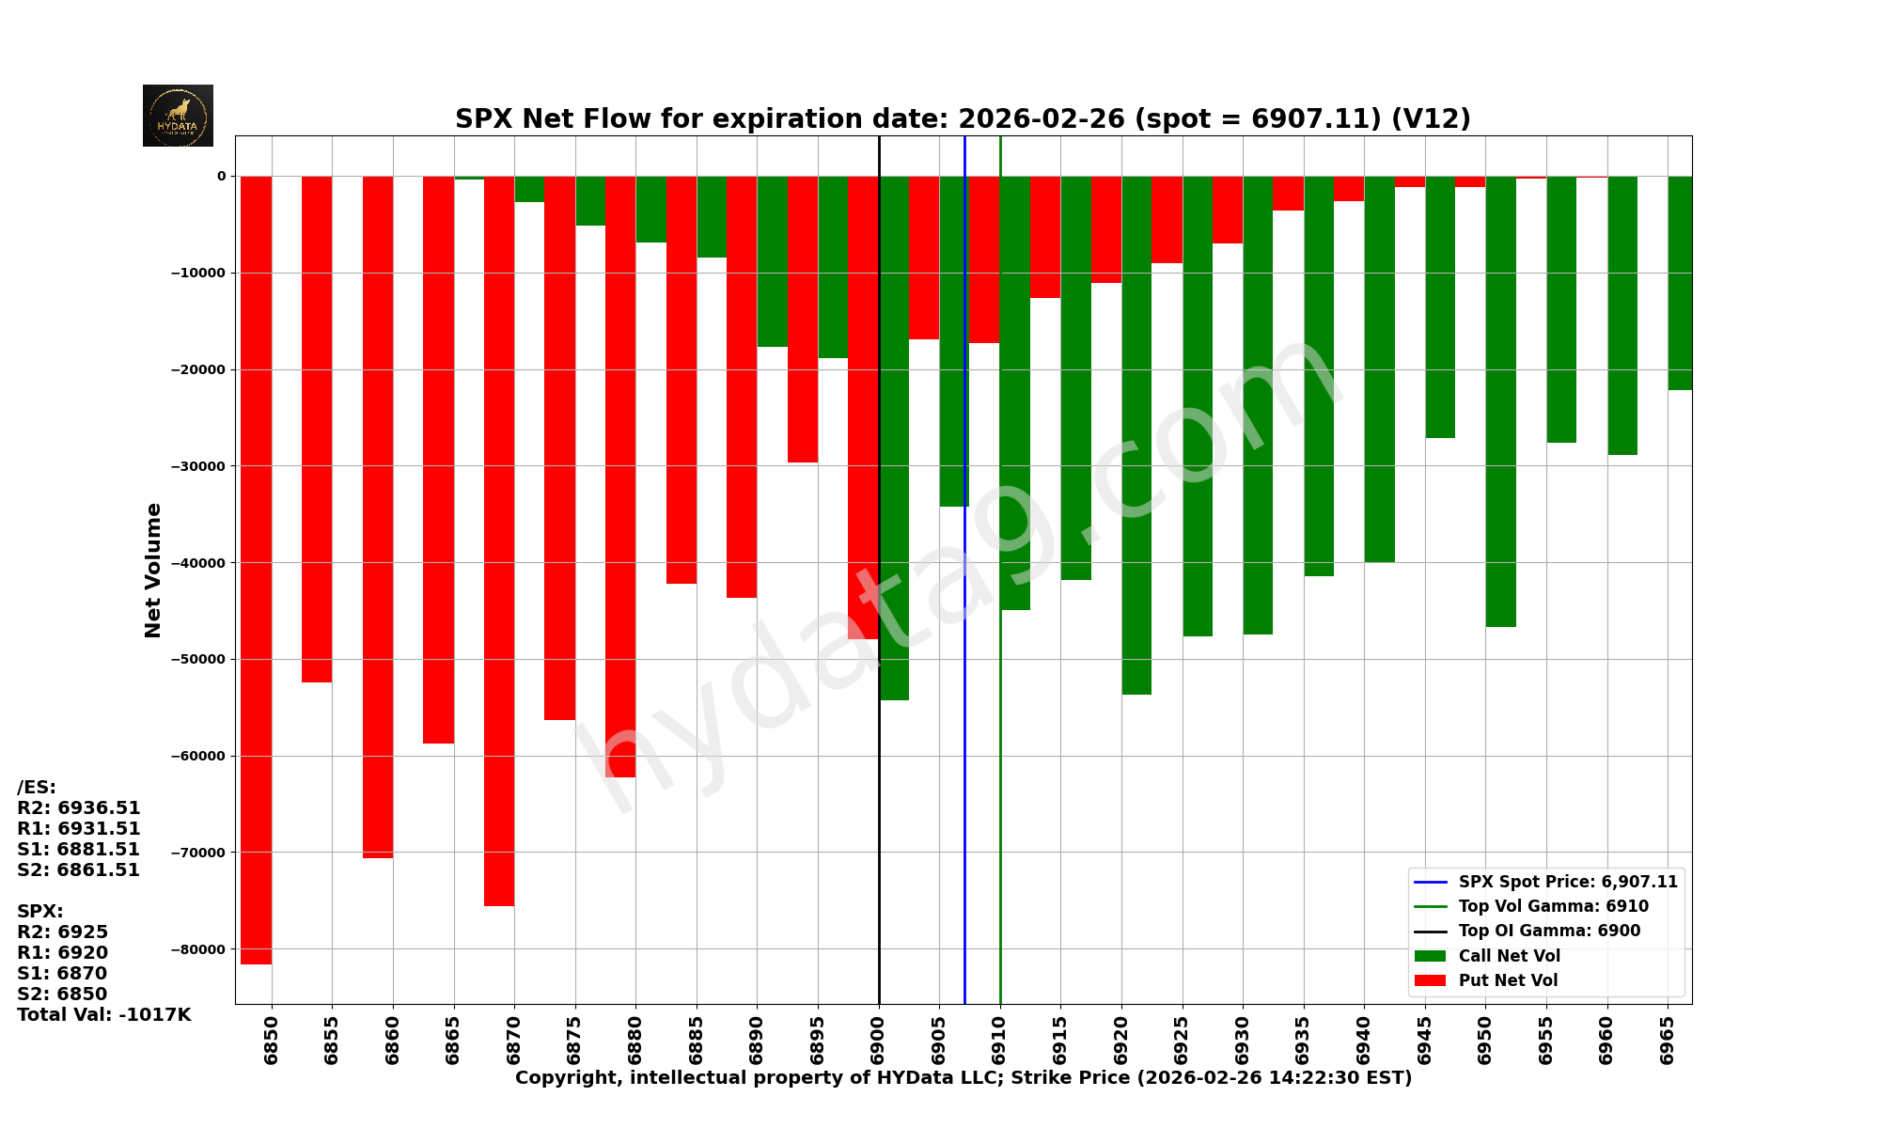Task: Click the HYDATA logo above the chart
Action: pos(178,116)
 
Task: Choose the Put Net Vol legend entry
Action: pos(1508,980)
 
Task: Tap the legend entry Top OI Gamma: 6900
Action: pos(1549,931)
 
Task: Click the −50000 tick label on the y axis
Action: pos(197,659)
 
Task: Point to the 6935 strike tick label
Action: pos(1303,1040)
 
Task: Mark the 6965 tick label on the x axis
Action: pos(1668,1040)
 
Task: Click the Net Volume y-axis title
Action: pos(153,570)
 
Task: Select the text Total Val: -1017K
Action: pos(103,1014)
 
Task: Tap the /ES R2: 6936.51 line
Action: pos(79,807)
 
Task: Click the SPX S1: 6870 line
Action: pos(62,973)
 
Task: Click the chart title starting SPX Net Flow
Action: pos(963,118)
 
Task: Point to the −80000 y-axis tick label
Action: pos(197,949)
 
